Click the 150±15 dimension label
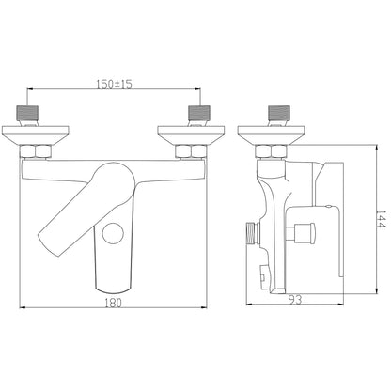coord(114,84)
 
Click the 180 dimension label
coord(113,303)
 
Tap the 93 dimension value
coord(295,300)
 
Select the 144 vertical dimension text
coord(382,219)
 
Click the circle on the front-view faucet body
coord(113,234)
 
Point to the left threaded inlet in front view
coord(27,113)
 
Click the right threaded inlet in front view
coord(199,113)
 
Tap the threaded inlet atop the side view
coord(279,113)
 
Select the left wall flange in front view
coord(35,135)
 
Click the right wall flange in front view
coord(191,135)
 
